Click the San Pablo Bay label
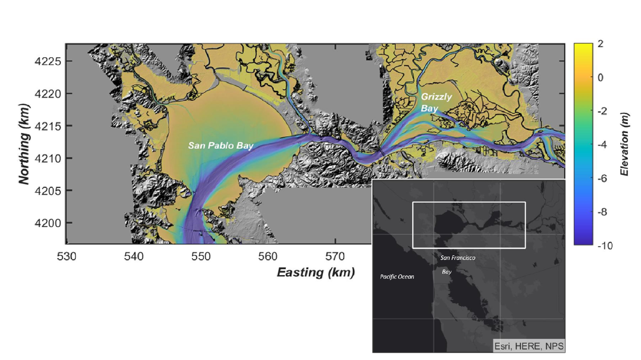point(220,145)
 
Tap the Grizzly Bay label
point(436,102)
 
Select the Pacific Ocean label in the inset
point(397,276)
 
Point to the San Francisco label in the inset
point(458,258)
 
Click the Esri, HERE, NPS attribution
point(529,346)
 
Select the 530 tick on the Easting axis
point(67,256)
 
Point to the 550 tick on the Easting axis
point(201,256)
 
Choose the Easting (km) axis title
point(316,273)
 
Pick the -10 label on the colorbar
point(605,245)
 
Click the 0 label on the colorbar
point(600,78)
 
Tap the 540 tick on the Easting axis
point(134,256)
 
